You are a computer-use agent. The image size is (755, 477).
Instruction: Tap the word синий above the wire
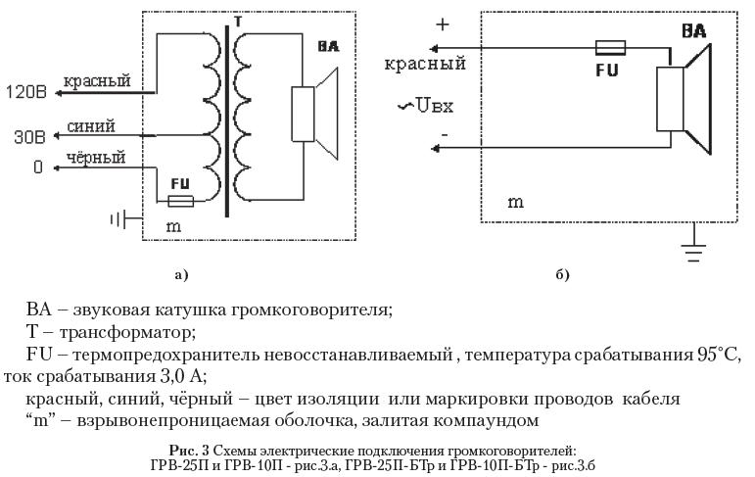pos(91,126)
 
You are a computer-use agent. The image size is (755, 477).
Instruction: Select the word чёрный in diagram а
pos(96,157)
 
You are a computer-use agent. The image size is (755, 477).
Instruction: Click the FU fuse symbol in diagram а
pos(180,201)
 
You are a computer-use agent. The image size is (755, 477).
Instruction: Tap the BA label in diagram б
pos(694,31)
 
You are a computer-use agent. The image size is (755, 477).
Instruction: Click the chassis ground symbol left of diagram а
pos(118,217)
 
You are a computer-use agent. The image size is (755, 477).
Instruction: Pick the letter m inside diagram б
pos(515,202)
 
